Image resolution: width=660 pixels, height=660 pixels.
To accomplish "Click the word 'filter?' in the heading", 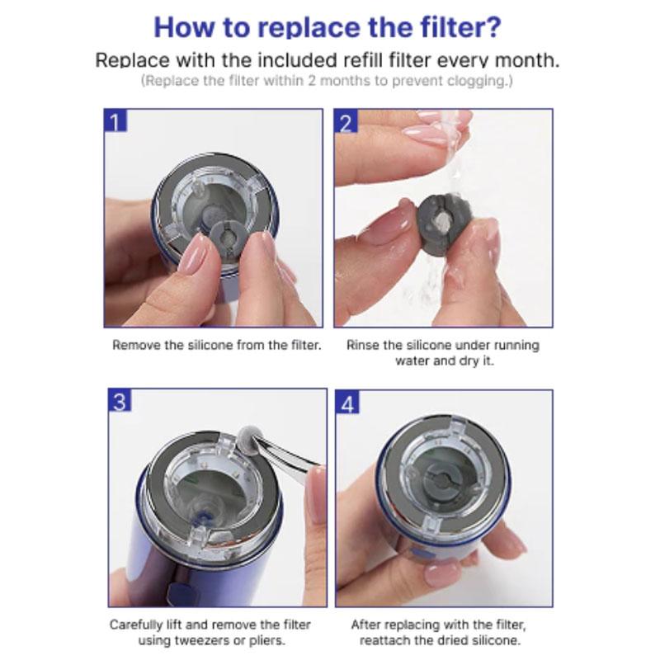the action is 461,27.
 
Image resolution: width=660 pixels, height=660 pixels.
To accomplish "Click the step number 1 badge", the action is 115,120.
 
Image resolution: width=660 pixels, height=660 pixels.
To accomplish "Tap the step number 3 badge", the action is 120,400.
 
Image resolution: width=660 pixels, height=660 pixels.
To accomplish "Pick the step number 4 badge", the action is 347,403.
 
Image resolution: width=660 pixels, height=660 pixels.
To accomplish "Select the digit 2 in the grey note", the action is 312,80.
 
